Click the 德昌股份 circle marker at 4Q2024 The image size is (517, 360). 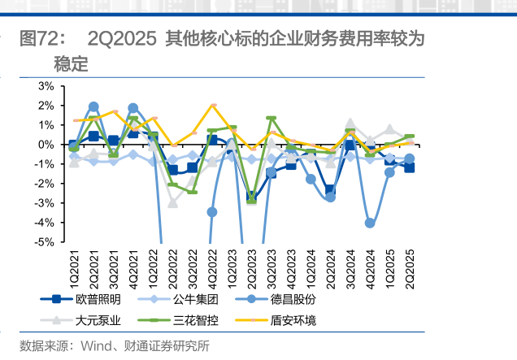370,223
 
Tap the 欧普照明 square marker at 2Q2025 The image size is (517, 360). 410,167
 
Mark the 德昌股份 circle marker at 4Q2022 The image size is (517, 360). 212,212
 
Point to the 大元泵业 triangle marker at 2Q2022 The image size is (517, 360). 172,202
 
